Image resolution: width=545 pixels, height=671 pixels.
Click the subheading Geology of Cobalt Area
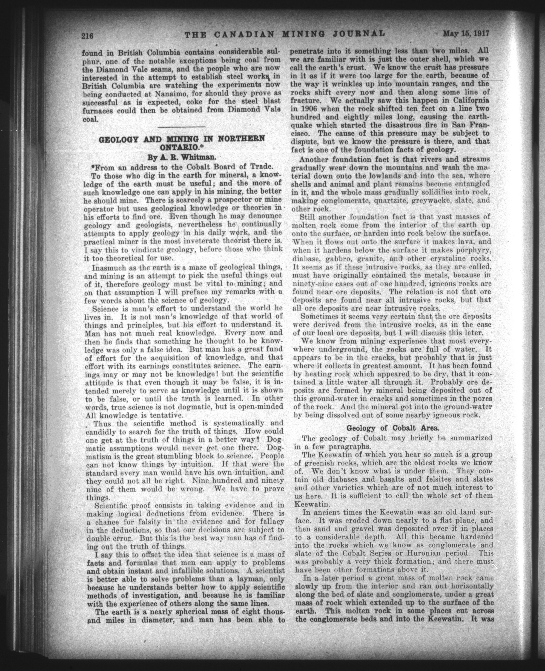389,428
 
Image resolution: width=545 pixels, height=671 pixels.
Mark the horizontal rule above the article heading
181,127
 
